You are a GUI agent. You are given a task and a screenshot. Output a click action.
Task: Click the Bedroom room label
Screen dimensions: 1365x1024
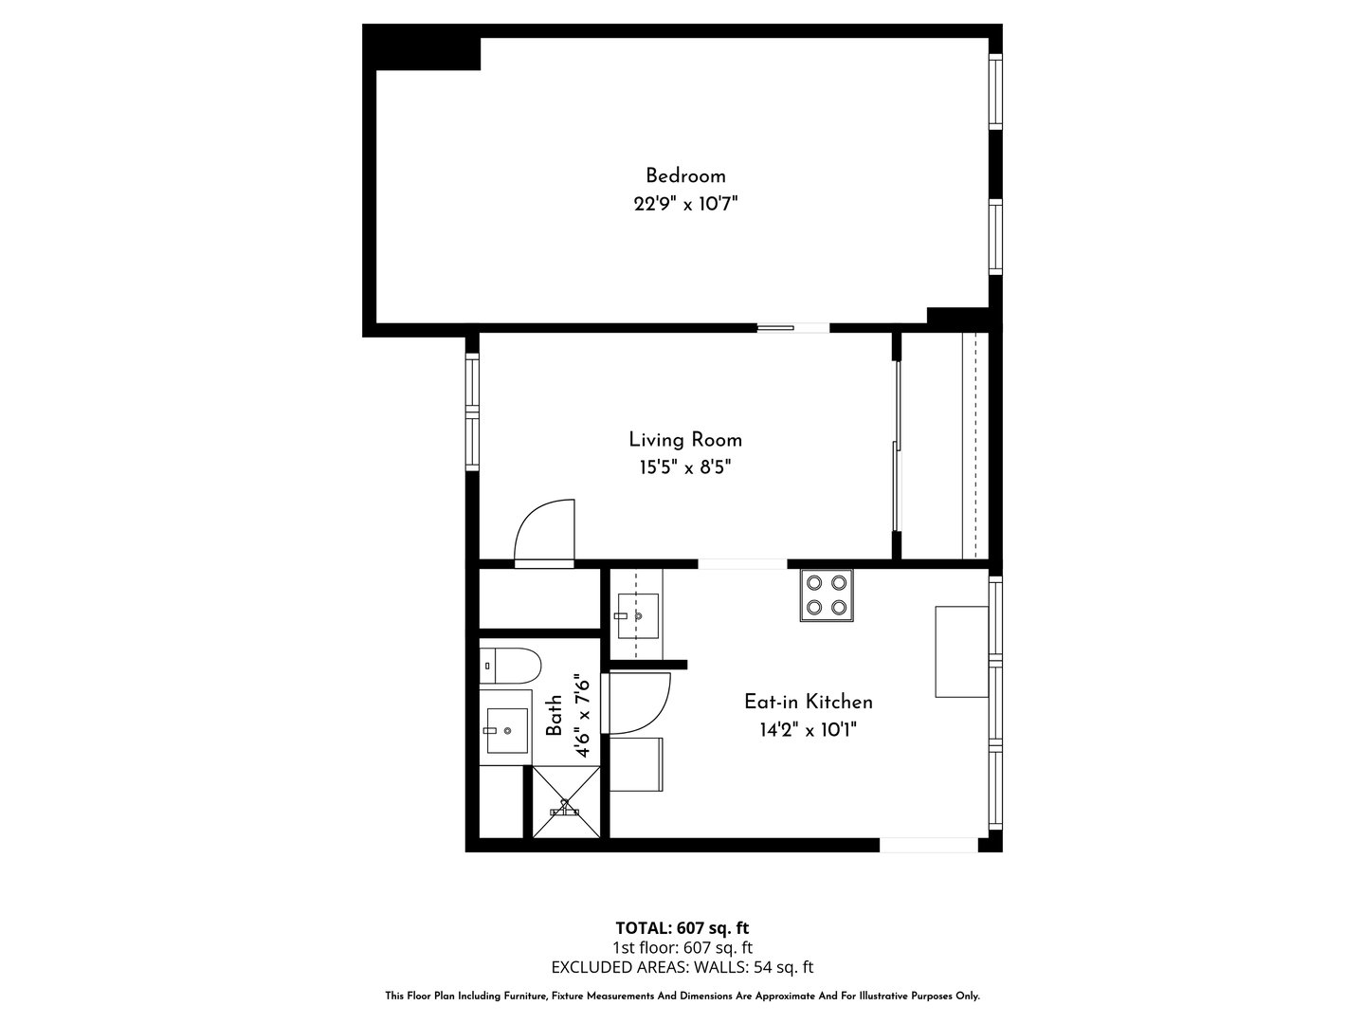tap(685, 176)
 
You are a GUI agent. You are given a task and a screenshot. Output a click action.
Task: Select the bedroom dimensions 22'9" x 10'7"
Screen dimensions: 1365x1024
tap(685, 204)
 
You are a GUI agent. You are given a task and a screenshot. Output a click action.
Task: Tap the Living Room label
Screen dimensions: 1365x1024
tap(685, 440)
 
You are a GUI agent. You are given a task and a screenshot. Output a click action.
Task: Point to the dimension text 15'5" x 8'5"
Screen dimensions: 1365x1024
tap(685, 467)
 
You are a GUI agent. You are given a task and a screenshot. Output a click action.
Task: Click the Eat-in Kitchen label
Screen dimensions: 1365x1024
tap(809, 702)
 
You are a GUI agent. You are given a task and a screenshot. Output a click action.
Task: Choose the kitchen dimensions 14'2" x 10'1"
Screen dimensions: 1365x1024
tap(809, 730)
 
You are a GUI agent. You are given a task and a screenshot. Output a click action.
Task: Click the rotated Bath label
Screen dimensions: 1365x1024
tap(554, 716)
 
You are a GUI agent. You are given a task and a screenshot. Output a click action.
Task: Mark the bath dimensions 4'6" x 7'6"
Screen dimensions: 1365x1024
tap(582, 716)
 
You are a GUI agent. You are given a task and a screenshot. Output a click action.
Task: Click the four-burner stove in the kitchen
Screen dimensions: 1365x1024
tap(827, 595)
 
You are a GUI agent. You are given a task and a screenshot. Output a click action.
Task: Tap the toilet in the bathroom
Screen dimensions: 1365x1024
tap(510, 666)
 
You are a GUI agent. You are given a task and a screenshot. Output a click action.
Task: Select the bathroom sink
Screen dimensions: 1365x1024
tap(507, 730)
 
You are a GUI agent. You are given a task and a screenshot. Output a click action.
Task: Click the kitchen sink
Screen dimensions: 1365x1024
tap(637, 615)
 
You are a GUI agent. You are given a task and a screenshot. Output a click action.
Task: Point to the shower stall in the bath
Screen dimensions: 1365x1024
tap(566, 802)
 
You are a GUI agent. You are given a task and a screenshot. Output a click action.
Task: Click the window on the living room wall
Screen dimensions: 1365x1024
tap(473, 411)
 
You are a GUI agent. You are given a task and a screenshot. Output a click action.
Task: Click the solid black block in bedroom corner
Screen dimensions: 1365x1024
tap(422, 47)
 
